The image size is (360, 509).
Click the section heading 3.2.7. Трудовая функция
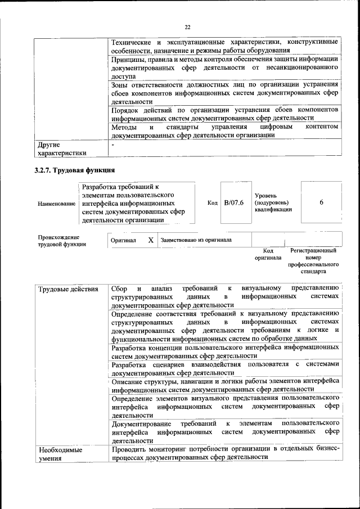[x=75, y=169]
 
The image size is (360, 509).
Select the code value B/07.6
[x=233, y=202]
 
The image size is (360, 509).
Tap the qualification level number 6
[x=321, y=202]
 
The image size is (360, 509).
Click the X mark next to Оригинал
[x=151, y=240]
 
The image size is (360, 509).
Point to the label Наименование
[x=56, y=203]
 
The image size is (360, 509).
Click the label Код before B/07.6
[x=212, y=202]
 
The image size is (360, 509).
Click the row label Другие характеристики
[x=61, y=148]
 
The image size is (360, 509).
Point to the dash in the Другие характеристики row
[x=113, y=145]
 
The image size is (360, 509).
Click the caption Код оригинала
[x=268, y=254]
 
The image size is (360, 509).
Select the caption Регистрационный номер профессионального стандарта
[x=313, y=260]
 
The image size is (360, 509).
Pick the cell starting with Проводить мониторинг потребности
[x=225, y=453]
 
